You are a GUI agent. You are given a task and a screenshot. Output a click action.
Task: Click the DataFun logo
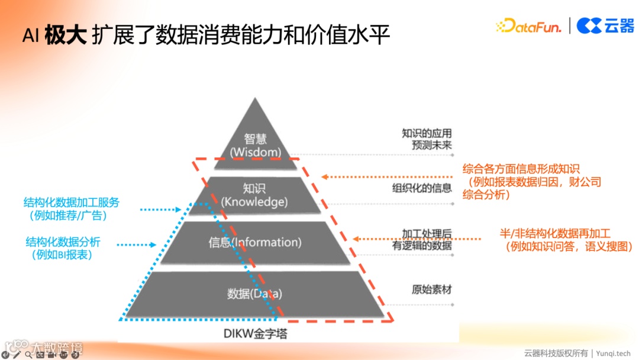tap(528, 25)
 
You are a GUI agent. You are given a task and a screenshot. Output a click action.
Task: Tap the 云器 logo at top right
tap(605, 25)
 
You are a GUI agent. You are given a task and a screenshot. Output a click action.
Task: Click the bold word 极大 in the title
tap(66, 36)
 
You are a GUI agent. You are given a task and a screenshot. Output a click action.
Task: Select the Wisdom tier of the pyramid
tap(256, 146)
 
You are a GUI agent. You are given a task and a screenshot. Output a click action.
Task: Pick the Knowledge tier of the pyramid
tap(254, 195)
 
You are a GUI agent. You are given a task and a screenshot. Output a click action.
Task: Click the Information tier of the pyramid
tap(255, 242)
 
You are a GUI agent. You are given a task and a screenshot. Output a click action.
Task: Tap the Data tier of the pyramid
tap(255, 293)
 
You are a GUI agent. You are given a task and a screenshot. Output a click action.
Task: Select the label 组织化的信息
tap(422, 188)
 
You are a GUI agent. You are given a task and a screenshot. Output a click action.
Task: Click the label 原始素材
tap(431, 290)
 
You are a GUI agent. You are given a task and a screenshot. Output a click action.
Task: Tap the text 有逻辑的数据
tap(422, 245)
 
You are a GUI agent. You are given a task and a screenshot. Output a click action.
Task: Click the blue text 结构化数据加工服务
tap(72, 202)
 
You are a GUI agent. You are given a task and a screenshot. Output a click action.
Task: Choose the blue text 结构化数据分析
tap(63, 242)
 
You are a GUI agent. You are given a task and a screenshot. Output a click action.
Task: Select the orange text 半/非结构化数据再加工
tap(554, 233)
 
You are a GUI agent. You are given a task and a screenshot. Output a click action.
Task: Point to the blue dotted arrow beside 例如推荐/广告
tap(160, 209)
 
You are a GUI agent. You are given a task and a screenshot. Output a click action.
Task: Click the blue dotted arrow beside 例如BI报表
tap(136, 244)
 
